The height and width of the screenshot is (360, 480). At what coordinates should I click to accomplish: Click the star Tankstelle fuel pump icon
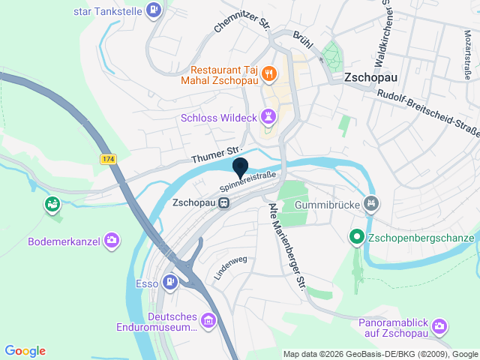(x=154, y=10)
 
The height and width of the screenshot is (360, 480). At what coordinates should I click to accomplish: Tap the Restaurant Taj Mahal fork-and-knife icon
(x=269, y=73)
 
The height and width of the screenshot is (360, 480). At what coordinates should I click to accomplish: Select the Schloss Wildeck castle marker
(x=268, y=117)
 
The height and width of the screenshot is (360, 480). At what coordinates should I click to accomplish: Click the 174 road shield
(x=109, y=160)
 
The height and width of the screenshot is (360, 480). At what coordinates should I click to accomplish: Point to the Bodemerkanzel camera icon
(x=112, y=241)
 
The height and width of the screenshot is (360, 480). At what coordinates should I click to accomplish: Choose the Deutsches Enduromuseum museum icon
(x=208, y=322)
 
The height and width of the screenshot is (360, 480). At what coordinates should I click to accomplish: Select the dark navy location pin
(x=241, y=168)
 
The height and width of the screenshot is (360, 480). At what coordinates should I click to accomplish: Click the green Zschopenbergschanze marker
(x=358, y=238)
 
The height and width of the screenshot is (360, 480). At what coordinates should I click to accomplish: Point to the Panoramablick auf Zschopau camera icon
(x=439, y=325)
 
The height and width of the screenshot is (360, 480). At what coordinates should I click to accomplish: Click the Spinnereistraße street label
(x=248, y=181)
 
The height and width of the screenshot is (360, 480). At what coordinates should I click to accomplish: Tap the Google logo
(x=25, y=350)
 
